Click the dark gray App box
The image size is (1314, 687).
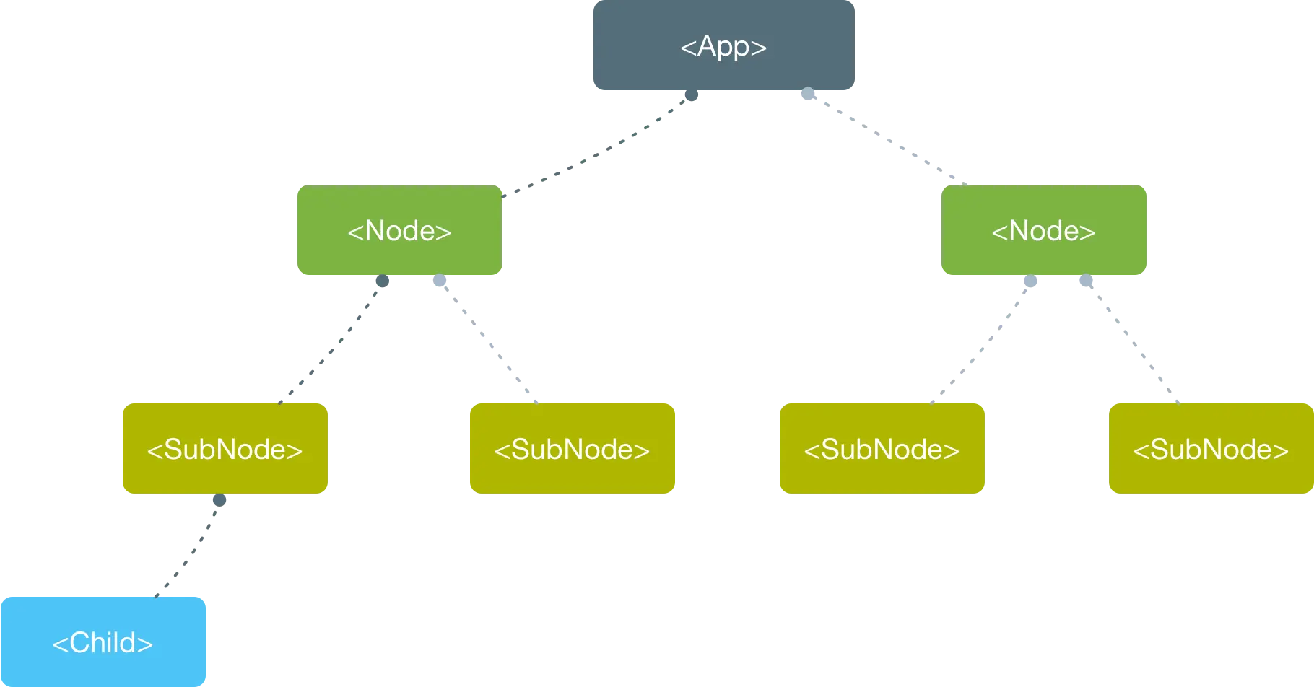[x=724, y=45]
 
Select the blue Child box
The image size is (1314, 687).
[x=103, y=642]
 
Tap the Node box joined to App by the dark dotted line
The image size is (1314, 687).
[x=400, y=229]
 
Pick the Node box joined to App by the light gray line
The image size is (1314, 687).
[x=1044, y=229]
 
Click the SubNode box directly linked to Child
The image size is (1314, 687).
[x=225, y=448]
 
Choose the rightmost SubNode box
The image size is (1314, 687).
[x=1211, y=448]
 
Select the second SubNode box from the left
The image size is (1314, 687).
[x=573, y=448]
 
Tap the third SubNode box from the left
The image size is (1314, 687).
[x=882, y=448]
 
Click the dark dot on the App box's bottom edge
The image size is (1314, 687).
[x=692, y=95]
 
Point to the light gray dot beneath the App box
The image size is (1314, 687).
[x=808, y=93]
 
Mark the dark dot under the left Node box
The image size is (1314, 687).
[x=383, y=281]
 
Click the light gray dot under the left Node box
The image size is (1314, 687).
[x=440, y=280]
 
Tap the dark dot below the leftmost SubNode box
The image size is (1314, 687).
[x=219, y=499]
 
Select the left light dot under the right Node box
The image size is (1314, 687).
[x=1030, y=281]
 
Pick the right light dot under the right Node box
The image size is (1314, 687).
[x=1086, y=280]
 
